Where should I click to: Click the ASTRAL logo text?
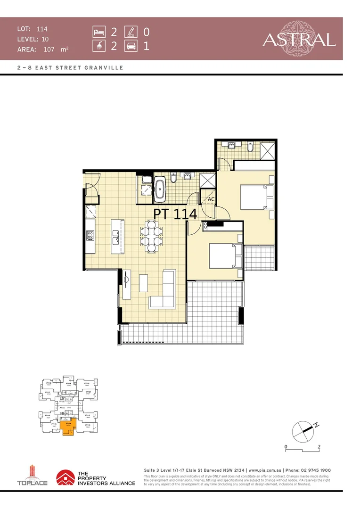click(x=299, y=39)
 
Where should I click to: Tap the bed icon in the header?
click(x=98, y=32)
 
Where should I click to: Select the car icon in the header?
click(x=131, y=47)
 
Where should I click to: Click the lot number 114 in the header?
click(x=42, y=29)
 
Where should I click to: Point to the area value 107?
click(x=49, y=49)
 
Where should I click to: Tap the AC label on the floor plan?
click(x=212, y=200)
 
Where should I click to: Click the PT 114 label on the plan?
click(x=175, y=213)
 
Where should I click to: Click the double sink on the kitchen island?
click(x=115, y=236)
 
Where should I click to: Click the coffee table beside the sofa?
click(x=144, y=283)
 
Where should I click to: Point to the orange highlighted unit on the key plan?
click(x=69, y=427)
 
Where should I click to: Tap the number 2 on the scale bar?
click(x=319, y=446)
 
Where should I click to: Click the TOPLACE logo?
click(x=32, y=476)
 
